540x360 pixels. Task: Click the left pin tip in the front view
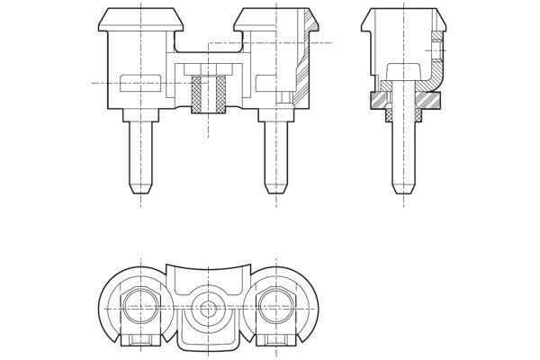140,189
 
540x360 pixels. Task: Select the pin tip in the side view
403,191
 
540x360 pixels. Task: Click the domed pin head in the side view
403,71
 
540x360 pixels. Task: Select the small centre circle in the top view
208,308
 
